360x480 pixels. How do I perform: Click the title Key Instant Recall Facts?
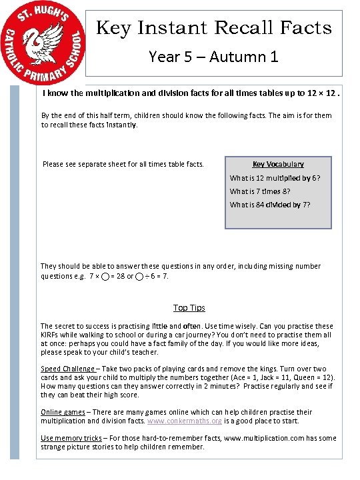point(214,27)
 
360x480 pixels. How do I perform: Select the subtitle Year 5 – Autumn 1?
point(213,57)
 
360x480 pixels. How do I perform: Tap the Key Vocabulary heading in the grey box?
point(278,164)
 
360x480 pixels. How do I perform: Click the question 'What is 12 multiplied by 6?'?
point(275,178)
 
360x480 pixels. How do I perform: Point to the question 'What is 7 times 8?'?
point(260,191)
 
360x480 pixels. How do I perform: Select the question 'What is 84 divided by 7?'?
point(270,205)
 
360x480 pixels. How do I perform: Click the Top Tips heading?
point(189,307)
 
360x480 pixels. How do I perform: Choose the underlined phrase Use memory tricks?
point(71,437)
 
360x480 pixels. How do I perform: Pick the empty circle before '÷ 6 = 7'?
point(139,276)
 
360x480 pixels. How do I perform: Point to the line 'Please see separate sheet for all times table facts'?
point(123,164)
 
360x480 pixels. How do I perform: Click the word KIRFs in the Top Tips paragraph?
point(51,335)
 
